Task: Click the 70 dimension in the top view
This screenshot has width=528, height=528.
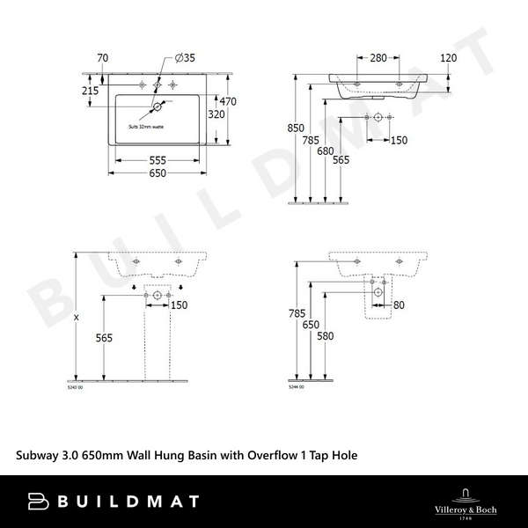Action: (x=103, y=59)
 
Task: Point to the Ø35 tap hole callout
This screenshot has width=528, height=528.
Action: (x=185, y=59)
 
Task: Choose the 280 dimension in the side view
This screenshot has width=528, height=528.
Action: (x=378, y=59)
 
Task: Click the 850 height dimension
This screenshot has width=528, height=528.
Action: (x=297, y=128)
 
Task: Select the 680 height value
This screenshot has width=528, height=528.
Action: (x=326, y=150)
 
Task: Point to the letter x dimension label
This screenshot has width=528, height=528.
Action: (x=77, y=317)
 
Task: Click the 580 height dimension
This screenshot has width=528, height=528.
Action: (x=326, y=335)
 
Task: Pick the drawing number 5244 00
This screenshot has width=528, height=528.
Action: (x=296, y=387)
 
